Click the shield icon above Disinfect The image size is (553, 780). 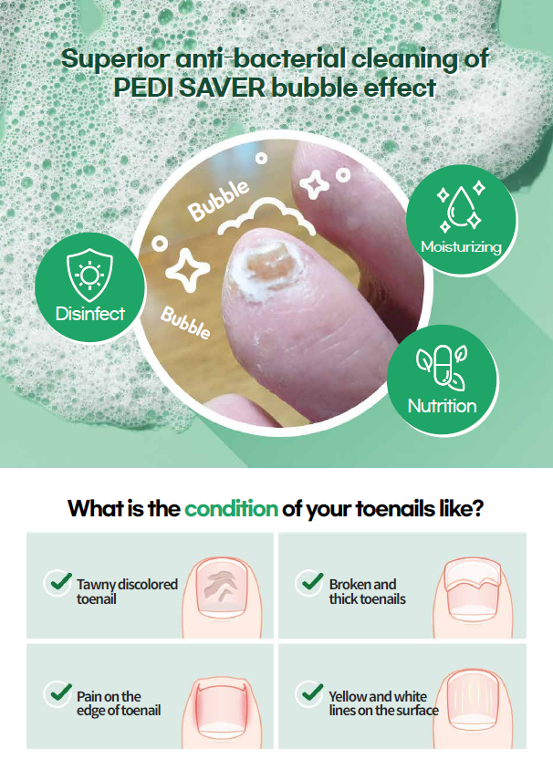89,276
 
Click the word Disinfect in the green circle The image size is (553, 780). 90,314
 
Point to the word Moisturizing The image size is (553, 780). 461,246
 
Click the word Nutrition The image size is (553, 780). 442,406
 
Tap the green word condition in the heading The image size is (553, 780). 231,509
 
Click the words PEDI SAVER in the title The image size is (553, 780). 190,88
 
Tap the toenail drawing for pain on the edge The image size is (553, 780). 221,708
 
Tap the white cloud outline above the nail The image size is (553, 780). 266,217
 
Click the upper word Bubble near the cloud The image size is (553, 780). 218,200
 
